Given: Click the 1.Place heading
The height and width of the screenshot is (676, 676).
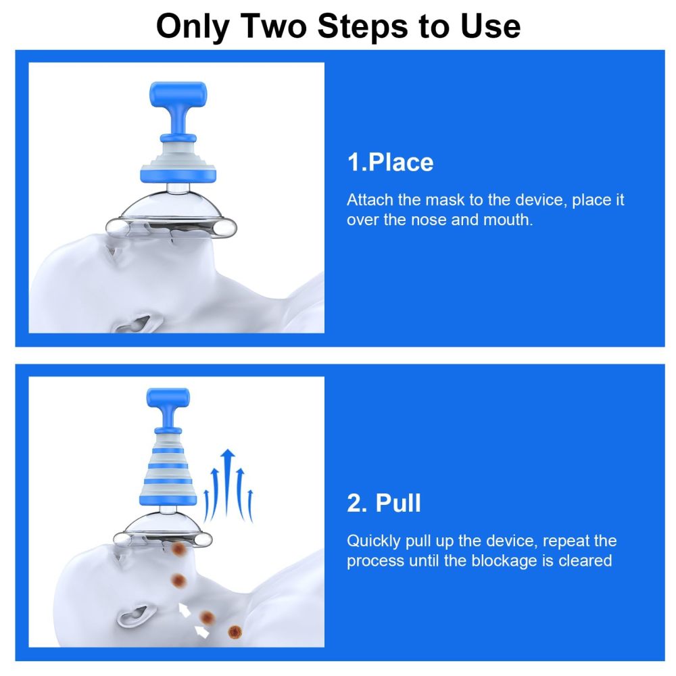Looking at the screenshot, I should point(390,162).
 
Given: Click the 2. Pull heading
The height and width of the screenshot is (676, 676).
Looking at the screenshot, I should point(384,503).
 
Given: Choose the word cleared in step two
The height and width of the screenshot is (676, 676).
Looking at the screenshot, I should point(585,561).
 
